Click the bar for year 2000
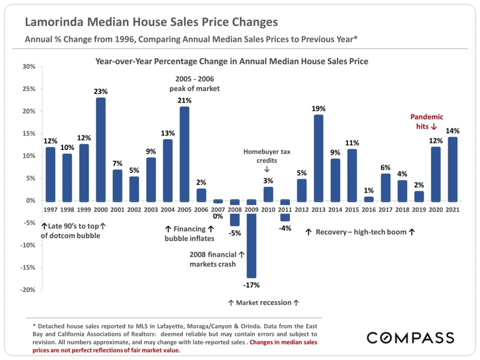pyautogui.click(x=101, y=149)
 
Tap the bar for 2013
pyautogui.click(x=319, y=157)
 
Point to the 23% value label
pyautogui.click(x=101, y=92)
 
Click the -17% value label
pyautogui.click(x=252, y=285)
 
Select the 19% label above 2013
pyautogui.click(x=319, y=109)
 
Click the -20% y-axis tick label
pyautogui.click(x=28, y=290)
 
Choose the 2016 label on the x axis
pyautogui.click(x=369, y=210)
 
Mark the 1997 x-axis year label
pyautogui.click(x=50, y=210)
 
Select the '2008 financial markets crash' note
pyautogui.click(x=217, y=259)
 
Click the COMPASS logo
pyautogui.click(x=410, y=337)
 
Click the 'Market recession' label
pyautogui.click(x=263, y=303)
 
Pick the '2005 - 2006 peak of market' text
pyautogui.click(x=194, y=83)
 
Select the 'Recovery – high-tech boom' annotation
pyautogui.click(x=360, y=232)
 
